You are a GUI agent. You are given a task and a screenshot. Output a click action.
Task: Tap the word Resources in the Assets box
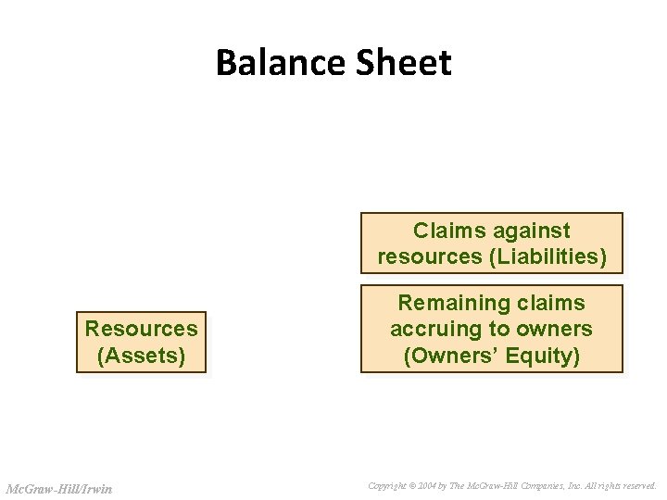tap(141, 329)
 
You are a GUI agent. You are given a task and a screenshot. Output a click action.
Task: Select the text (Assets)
tap(141, 355)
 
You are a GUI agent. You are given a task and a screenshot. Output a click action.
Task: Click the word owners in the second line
tap(556, 329)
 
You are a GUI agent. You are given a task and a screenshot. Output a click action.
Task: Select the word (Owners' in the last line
tap(447, 356)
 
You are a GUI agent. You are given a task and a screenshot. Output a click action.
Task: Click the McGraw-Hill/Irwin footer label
tap(58, 488)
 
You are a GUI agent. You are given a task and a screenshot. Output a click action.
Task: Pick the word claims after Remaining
tap(552, 303)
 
